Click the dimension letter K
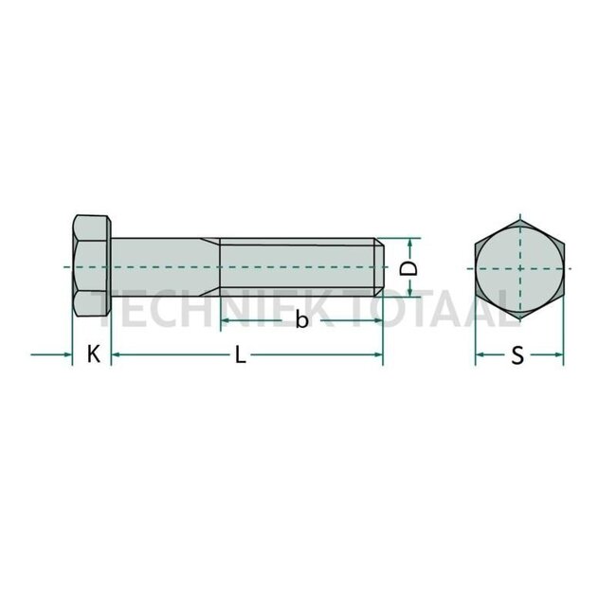coord(92,355)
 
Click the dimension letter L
coord(241,356)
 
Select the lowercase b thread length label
coord(301,320)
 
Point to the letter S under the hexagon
coord(517,356)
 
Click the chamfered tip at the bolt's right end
coord(379,268)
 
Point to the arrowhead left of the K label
coord(67,355)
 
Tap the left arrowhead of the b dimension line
coord(226,320)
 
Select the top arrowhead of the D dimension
coord(409,242)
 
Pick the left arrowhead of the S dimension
coord(480,356)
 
